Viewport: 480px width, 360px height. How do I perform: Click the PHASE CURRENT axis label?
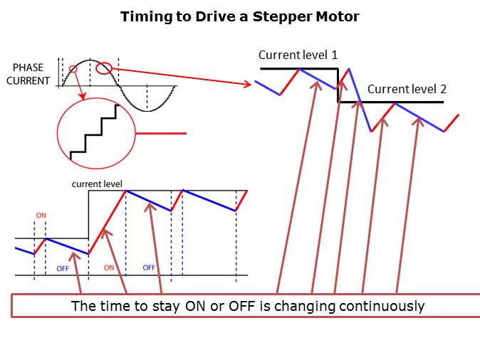(x=28, y=74)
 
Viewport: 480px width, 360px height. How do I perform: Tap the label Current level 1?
(x=298, y=55)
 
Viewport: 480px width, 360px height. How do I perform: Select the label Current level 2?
(x=407, y=90)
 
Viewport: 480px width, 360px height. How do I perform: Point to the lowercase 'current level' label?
(x=97, y=184)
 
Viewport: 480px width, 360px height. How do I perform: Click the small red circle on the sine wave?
(x=73, y=69)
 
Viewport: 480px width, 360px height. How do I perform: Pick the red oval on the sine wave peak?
(x=104, y=68)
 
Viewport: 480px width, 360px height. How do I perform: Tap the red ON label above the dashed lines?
(x=41, y=216)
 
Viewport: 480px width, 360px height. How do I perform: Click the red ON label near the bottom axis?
(x=109, y=268)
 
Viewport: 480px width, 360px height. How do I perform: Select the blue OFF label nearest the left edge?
(x=63, y=268)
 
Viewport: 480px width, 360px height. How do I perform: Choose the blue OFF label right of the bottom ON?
(x=149, y=268)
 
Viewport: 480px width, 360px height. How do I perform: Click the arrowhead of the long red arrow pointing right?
(x=248, y=84)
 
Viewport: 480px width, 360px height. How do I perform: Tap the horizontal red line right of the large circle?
(x=161, y=133)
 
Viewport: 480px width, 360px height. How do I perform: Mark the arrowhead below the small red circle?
(x=82, y=96)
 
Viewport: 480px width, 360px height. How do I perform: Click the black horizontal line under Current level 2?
(x=391, y=102)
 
